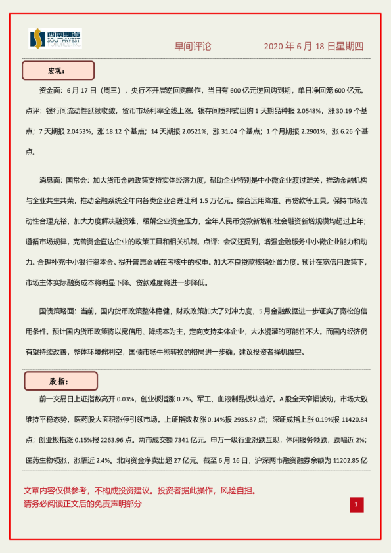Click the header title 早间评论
pyautogui.click(x=193, y=47)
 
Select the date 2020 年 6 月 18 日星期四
pyautogui.click(x=313, y=47)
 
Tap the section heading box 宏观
pyautogui.click(x=58, y=70)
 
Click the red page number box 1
pyautogui.click(x=356, y=504)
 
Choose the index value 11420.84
pyautogui.click(x=349, y=419)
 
